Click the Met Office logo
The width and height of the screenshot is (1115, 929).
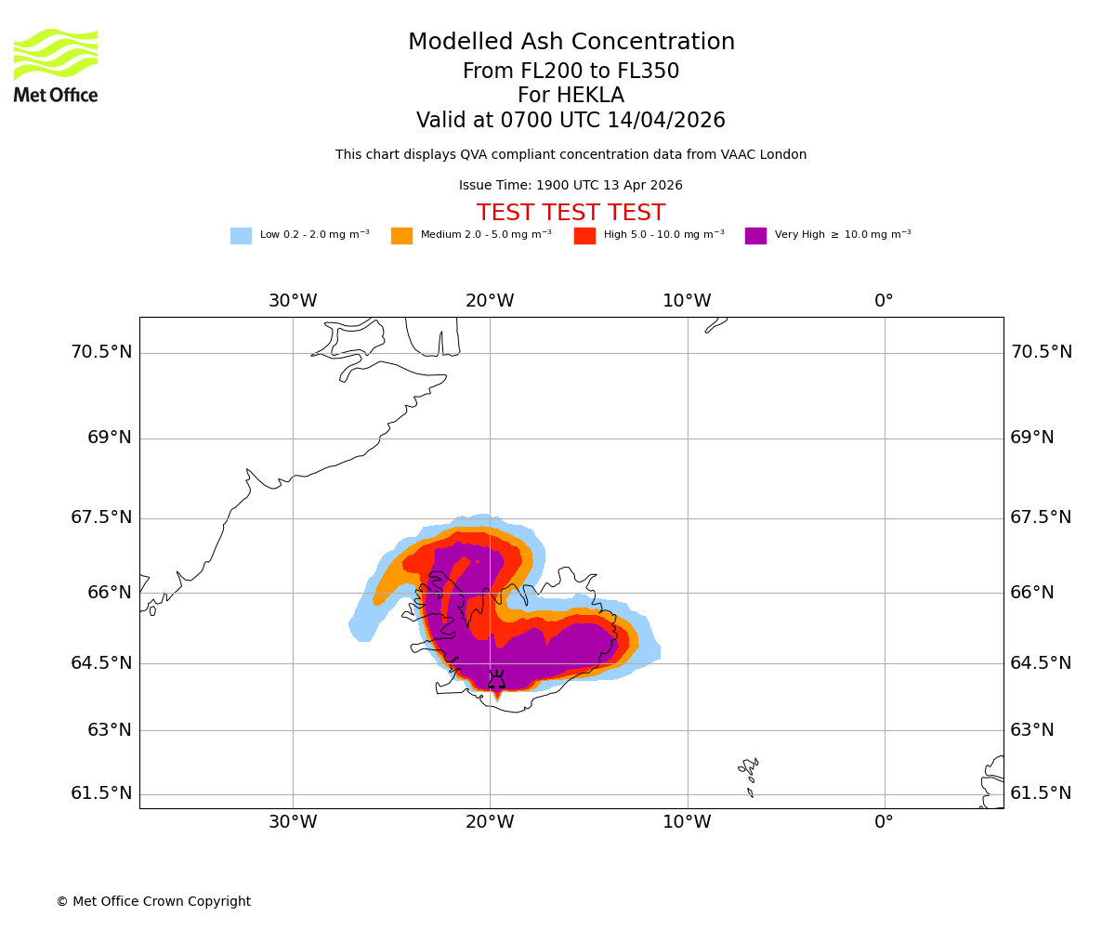(x=56, y=65)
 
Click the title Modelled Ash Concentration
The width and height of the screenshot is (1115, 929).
(x=571, y=43)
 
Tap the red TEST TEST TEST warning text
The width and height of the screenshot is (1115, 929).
(x=571, y=213)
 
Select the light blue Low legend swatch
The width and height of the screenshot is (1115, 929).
(x=241, y=236)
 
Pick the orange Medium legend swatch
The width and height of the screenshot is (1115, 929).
(x=401, y=236)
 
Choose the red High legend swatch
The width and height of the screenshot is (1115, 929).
(x=584, y=236)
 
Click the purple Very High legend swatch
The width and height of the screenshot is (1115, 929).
(x=755, y=236)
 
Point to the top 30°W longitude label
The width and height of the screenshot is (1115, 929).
(x=293, y=301)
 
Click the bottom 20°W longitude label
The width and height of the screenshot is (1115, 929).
(x=490, y=822)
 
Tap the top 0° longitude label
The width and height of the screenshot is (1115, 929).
(x=884, y=301)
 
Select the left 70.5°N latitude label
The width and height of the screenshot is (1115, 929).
(x=101, y=352)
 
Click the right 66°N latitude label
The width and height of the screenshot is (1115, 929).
(x=1032, y=593)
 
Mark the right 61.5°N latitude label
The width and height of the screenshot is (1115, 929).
(x=1041, y=793)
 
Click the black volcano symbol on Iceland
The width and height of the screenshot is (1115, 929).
(x=497, y=680)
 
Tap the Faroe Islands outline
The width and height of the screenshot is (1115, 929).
(x=749, y=775)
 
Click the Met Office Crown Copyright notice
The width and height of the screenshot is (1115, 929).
(x=153, y=901)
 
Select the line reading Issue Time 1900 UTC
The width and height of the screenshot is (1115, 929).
(x=571, y=186)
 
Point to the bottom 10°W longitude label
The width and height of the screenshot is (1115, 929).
(x=687, y=822)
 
